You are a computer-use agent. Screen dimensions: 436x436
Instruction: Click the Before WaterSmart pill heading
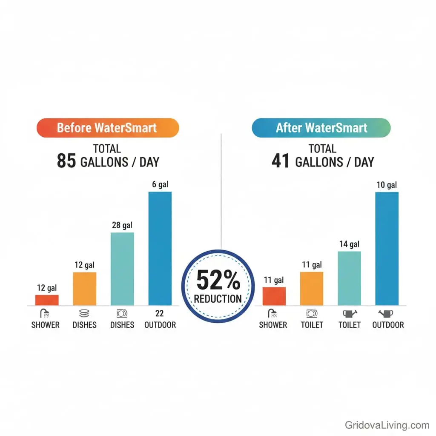107,128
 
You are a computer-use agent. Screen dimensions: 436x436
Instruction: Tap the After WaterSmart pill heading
321,128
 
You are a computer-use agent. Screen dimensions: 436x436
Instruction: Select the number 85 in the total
66,162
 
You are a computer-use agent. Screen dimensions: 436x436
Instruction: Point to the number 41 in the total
281,162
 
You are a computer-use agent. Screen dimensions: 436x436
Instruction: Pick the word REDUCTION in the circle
218,298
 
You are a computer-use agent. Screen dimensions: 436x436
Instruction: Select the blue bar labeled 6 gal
160,249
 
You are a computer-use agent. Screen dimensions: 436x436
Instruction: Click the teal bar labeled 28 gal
122,269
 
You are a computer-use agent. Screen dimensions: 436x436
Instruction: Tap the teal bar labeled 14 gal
349,278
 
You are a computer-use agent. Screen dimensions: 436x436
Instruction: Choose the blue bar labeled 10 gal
387,249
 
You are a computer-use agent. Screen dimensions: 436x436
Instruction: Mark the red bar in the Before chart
47,300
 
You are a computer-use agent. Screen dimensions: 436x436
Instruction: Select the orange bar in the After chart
312,289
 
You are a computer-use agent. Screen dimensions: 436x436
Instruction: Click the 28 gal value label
122,226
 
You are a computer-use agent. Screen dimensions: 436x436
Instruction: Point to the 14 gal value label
349,244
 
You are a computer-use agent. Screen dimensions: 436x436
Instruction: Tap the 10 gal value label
387,185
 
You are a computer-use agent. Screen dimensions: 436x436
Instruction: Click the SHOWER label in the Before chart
46,325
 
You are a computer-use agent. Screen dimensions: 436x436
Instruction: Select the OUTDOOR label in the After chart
388,325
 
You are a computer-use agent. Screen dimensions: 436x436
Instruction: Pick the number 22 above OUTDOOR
160,314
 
